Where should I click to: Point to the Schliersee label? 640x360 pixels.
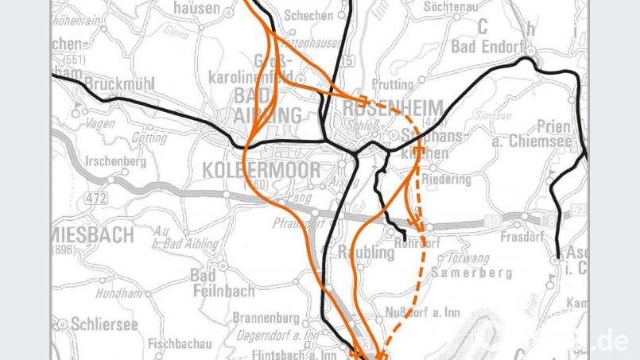pos(103,324)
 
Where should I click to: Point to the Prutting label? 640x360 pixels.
pos(392,84)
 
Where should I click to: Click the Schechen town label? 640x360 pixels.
pos(308,15)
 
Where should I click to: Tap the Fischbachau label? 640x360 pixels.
pos(180,344)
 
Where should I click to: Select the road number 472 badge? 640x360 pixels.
pos(96,196)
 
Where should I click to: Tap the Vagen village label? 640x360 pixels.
pos(99,124)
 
